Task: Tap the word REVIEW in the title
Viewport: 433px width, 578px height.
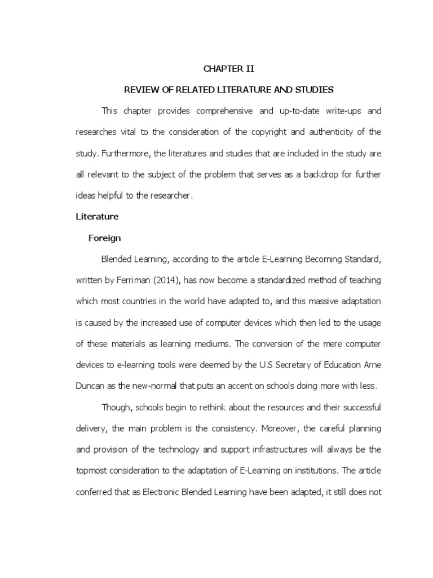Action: tap(138, 90)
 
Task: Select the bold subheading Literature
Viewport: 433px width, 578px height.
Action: tap(98, 217)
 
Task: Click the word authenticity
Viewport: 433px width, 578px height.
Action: tap(333, 132)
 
